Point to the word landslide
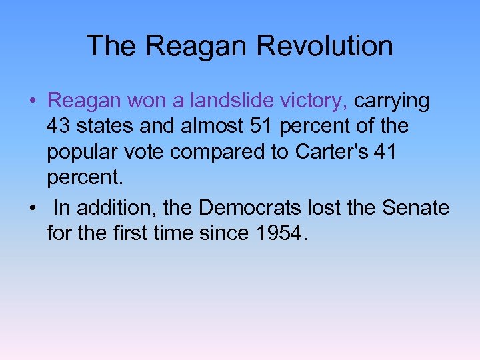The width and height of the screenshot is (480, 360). tap(225, 101)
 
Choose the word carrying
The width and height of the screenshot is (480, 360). tap(392, 101)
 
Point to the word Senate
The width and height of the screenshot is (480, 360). tap(415, 208)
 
